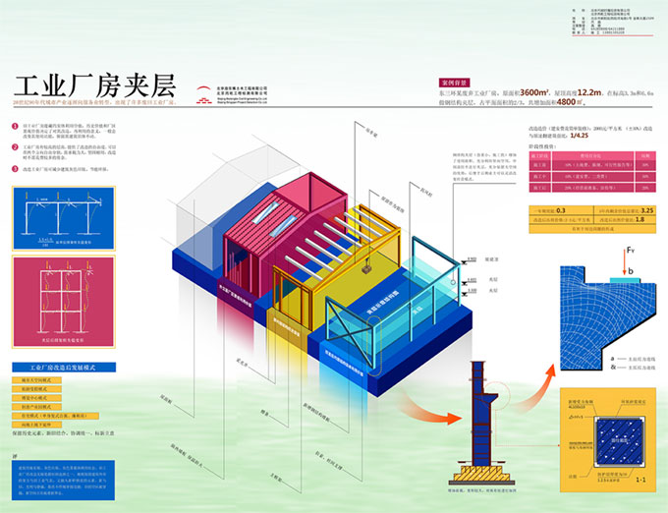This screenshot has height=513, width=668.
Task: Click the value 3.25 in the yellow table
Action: [x=647, y=210]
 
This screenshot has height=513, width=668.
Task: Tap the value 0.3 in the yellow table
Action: [x=561, y=210]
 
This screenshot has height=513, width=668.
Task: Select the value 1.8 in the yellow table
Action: [x=640, y=219]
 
